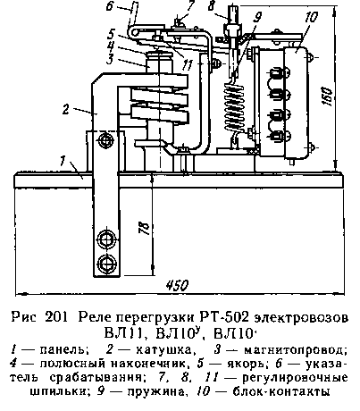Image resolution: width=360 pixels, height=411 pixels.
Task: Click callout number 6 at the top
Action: click(x=110, y=5)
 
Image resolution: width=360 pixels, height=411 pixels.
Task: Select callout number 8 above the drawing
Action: click(x=211, y=5)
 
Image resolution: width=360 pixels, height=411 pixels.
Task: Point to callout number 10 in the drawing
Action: click(x=311, y=17)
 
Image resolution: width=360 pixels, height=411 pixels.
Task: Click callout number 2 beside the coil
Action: click(x=66, y=109)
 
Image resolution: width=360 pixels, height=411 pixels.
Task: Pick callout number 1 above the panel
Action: click(x=63, y=160)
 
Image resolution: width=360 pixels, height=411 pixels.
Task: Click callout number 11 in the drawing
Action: click(x=188, y=65)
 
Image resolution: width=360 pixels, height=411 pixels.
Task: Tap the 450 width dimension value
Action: click(x=177, y=285)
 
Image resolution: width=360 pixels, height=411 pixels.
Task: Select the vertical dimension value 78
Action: click(x=144, y=228)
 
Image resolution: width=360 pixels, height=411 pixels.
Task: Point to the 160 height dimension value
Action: click(x=327, y=96)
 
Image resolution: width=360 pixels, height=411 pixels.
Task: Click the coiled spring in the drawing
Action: click(x=234, y=107)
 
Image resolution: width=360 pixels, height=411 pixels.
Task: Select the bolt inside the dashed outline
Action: click(x=105, y=140)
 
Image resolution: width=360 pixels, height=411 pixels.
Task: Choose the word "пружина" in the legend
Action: click(x=155, y=391)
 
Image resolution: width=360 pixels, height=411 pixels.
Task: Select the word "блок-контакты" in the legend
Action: click(x=281, y=391)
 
